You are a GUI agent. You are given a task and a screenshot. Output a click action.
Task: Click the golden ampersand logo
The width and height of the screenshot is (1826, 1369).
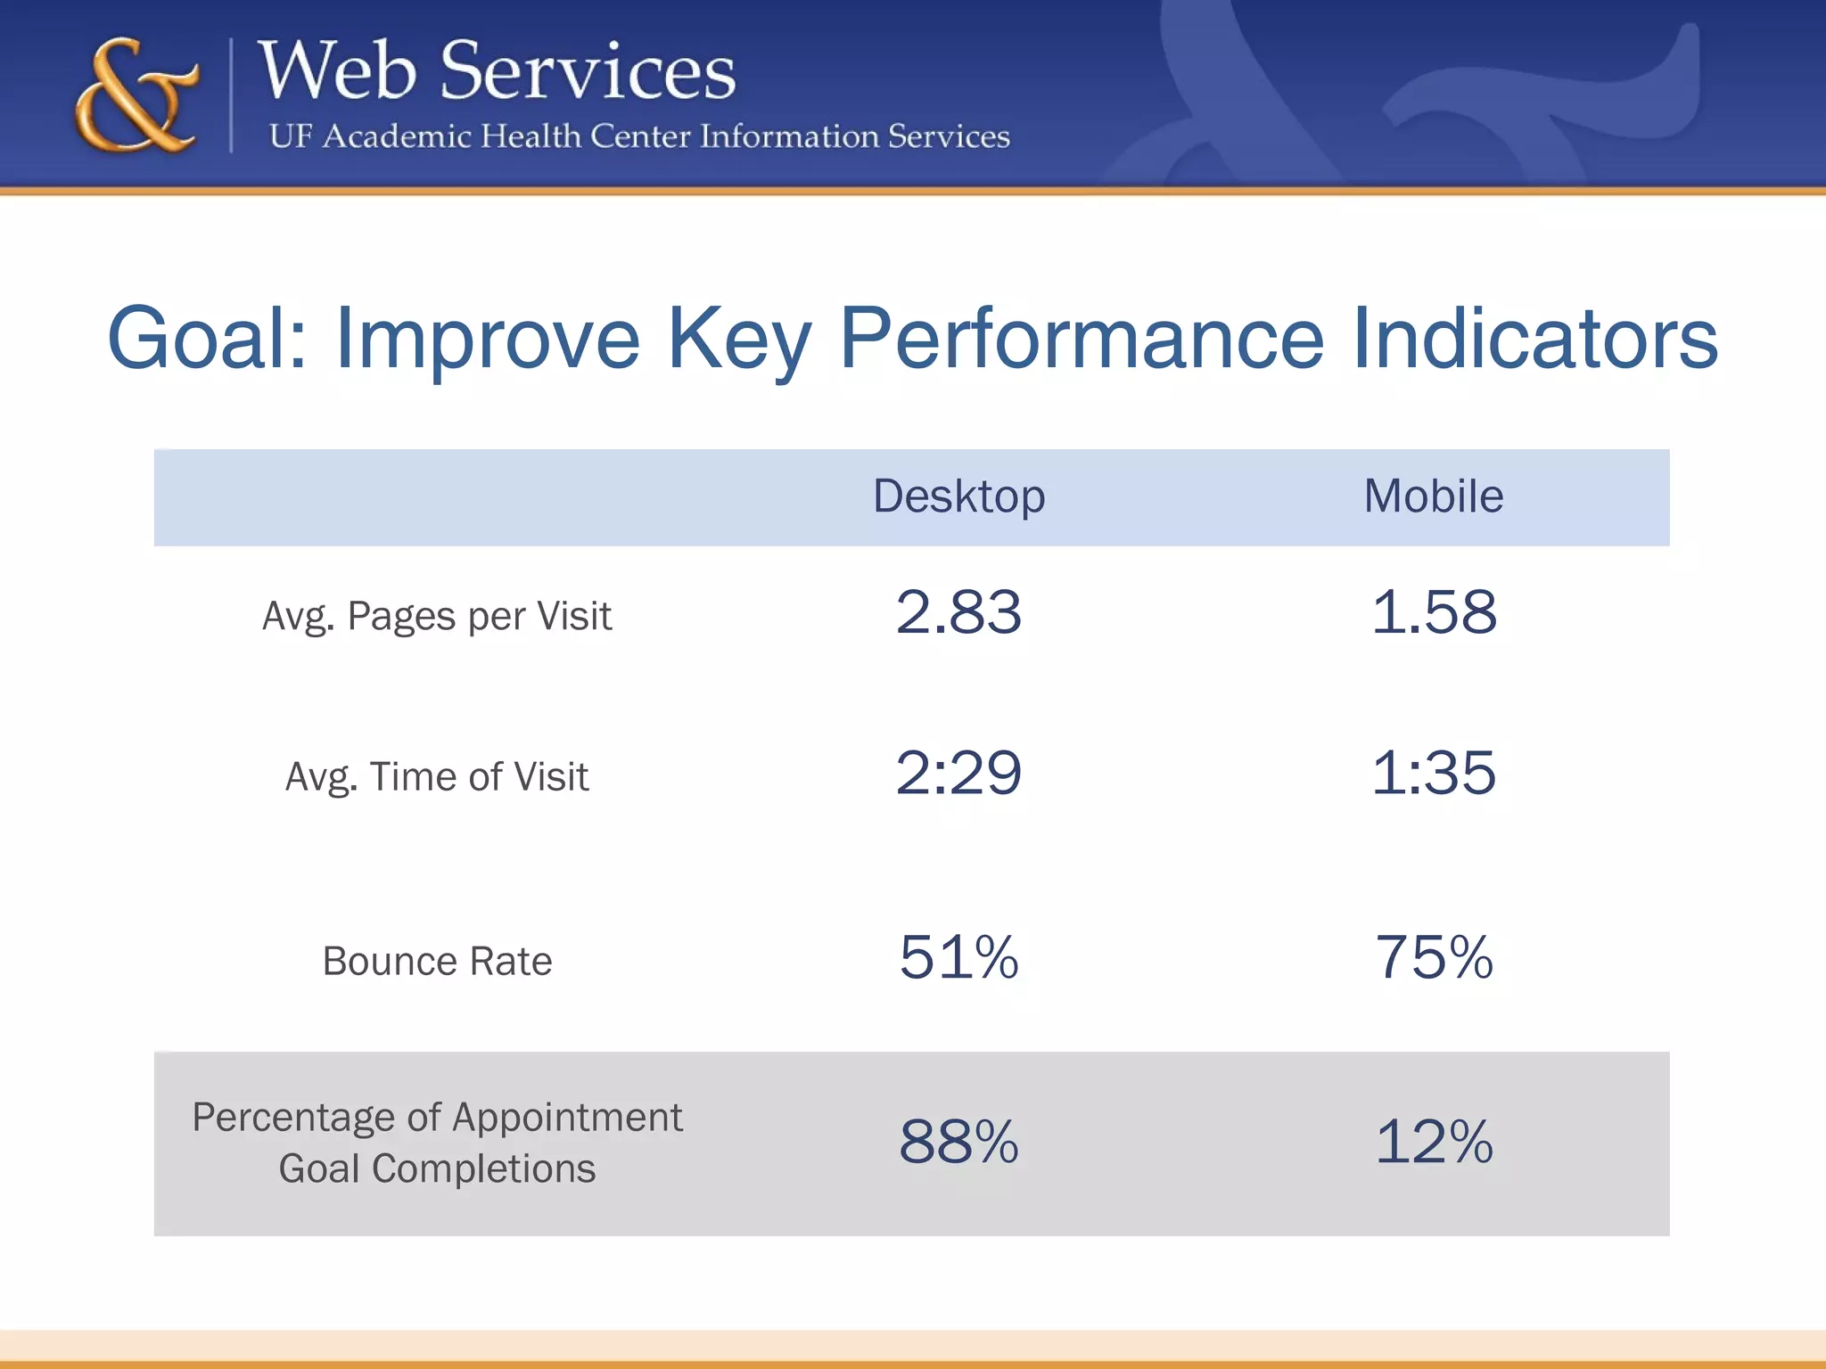click(x=136, y=96)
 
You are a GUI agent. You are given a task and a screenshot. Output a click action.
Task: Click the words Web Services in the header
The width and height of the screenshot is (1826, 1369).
click(x=497, y=71)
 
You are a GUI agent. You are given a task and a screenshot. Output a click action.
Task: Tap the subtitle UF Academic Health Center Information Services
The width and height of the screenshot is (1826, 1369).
click(x=638, y=136)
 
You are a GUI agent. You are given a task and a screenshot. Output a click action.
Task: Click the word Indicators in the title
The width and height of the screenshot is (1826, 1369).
click(x=1534, y=339)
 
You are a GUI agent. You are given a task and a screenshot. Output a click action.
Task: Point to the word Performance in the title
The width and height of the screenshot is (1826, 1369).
click(x=1082, y=339)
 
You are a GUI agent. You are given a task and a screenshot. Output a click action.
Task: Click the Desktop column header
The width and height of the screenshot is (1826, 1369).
click(x=958, y=496)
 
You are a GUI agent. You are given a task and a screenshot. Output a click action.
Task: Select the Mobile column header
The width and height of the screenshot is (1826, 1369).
click(x=1433, y=496)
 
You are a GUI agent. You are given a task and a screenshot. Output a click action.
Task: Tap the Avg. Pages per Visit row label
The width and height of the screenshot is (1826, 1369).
click(x=437, y=617)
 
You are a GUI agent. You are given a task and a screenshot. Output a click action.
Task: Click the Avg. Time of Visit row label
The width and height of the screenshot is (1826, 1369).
click(x=437, y=777)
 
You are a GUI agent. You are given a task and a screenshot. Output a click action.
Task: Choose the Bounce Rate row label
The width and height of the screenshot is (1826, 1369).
click(x=437, y=962)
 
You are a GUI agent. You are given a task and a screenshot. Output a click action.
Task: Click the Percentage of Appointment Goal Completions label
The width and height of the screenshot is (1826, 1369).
click(x=437, y=1143)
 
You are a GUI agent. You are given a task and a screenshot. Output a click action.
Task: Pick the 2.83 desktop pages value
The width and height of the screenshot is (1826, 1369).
click(x=958, y=612)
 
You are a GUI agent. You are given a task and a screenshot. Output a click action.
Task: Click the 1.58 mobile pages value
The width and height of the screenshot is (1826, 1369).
click(x=1433, y=612)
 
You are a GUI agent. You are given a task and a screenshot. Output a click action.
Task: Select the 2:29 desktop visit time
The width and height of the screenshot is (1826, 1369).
click(x=958, y=773)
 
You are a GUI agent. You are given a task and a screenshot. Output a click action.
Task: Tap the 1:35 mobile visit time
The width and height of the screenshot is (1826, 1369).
click(x=1433, y=773)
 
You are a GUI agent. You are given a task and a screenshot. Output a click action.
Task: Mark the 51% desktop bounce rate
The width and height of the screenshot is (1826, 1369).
click(x=958, y=958)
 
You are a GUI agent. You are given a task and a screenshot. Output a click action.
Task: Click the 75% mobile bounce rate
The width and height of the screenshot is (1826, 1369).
click(x=1433, y=958)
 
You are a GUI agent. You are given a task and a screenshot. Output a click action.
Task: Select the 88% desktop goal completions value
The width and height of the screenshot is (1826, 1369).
click(x=958, y=1142)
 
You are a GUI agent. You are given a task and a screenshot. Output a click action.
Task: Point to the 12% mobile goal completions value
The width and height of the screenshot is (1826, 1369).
click(x=1433, y=1142)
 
